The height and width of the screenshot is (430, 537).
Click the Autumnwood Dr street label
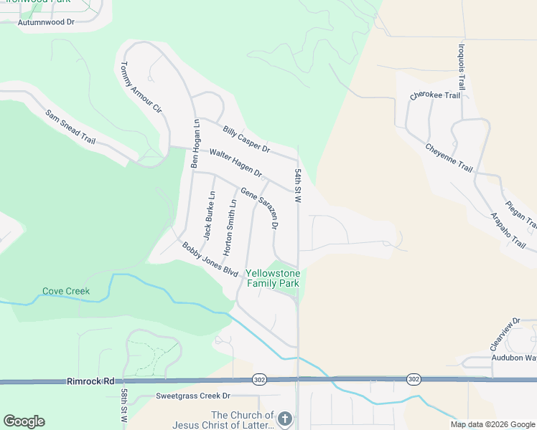[46, 22]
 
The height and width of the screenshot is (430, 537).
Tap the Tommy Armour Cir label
[140, 90]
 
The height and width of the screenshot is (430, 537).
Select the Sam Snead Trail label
[70, 127]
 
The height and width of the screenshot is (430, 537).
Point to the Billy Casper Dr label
[246, 139]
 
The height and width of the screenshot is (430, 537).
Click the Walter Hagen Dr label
[235, 163]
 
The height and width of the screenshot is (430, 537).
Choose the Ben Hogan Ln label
[195, 143]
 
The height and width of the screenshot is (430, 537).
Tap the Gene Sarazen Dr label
[259, 209]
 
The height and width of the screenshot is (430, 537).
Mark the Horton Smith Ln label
[230, 228]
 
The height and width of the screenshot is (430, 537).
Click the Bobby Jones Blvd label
[210, 259]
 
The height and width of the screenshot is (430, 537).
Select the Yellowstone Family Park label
[273, 278]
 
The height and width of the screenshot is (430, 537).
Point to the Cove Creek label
[65, 291]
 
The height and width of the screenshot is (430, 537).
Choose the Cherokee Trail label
[434, 95]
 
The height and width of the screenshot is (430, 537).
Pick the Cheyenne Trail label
[449, 158]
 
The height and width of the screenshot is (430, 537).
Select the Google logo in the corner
[24, 421]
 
